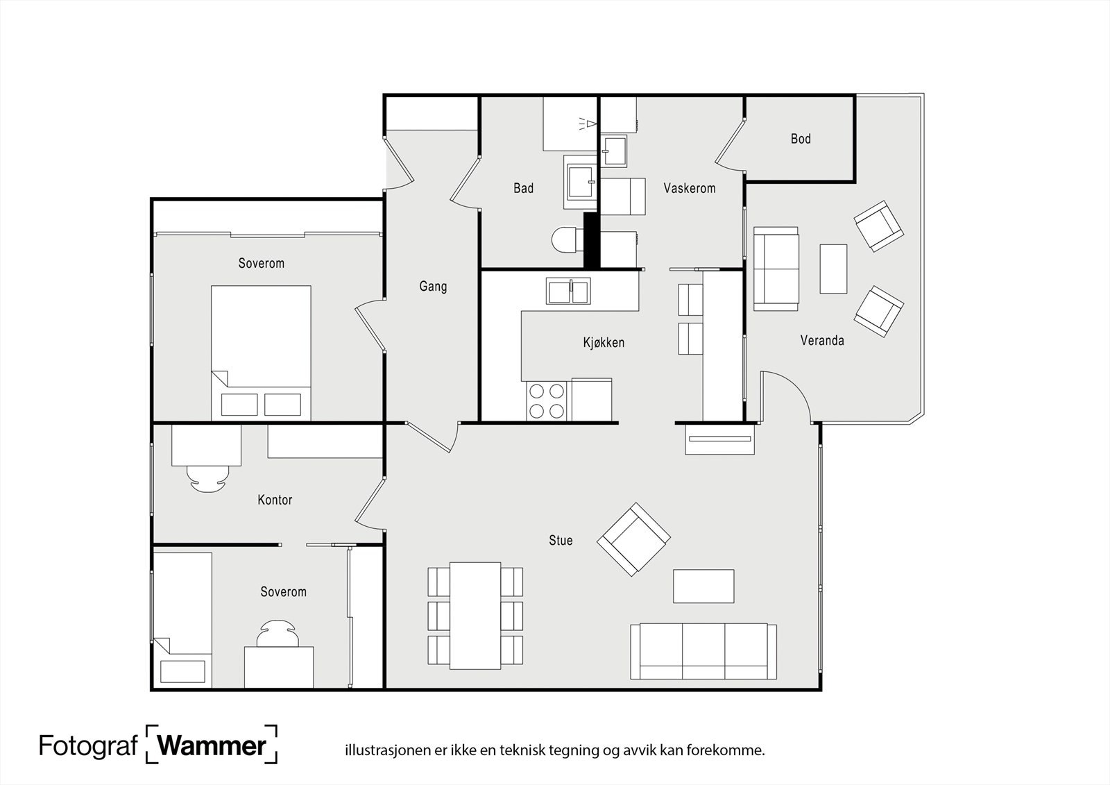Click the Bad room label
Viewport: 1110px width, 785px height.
(523, 188)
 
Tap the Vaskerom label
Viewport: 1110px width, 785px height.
(690, 188)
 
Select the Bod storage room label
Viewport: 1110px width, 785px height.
(801, 139)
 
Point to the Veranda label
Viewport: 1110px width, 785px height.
(822, 341)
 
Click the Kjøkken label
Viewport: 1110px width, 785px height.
(604, 343)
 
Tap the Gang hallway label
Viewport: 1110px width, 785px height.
(433, 287)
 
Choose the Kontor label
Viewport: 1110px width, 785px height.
(275, 500)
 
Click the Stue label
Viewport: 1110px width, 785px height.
(561, 541)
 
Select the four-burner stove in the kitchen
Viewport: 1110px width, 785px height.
(547, 400)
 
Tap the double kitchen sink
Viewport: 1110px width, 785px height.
(568, 291)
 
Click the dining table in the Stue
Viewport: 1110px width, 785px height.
(475, 616)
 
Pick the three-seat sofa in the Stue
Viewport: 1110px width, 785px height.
(703, 651)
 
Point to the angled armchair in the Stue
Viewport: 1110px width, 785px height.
(634, 539)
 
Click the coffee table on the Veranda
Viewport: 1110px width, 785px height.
(833, 269)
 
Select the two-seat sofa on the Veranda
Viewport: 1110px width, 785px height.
(776, 269)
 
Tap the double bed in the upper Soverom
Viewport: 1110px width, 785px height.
(261, 353)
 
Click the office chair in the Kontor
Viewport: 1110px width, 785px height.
(208, 479)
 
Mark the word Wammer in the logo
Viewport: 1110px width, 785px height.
(212, 746)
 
